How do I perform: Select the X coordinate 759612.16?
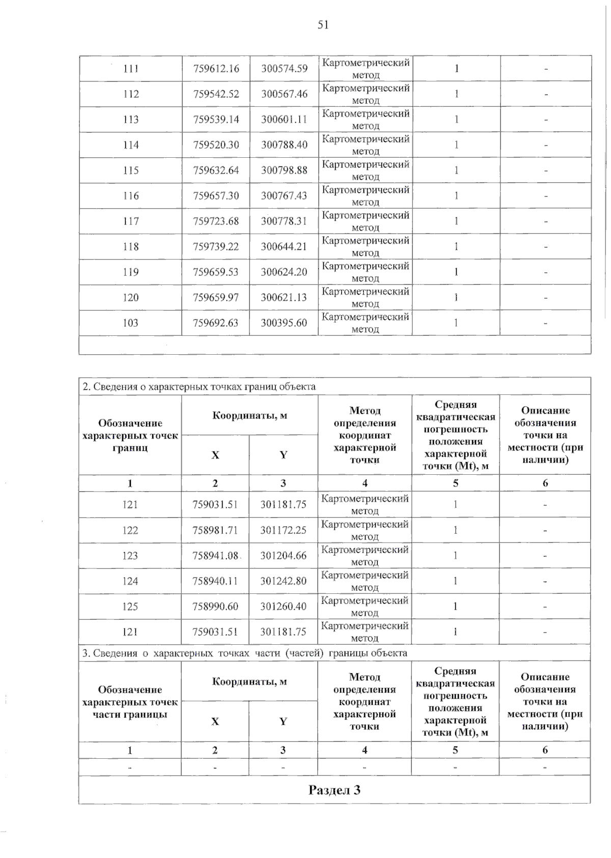coord(216,69)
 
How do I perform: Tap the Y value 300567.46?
coord(284,94)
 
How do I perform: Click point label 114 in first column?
coord(131,145)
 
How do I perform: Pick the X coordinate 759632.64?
coord(216,170)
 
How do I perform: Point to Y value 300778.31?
coord(284,221)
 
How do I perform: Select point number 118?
coord(131,247)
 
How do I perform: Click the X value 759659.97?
coord(216,298)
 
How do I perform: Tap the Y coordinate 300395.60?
coord(284,323)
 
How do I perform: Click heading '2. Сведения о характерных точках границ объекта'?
coord(200,387)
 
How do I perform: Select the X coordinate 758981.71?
coord(215,530)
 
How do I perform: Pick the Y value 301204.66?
coord(284,556)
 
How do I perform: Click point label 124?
coord(130,581)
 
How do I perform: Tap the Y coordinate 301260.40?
coord(284,607)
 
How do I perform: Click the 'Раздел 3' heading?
coord(335,790)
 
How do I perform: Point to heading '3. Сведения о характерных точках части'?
coord(245,653)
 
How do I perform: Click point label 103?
coord(131,323)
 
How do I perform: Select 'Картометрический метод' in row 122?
coord(365,530)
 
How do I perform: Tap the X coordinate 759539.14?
coord(216,120)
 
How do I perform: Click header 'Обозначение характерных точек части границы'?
coord(130,702)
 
